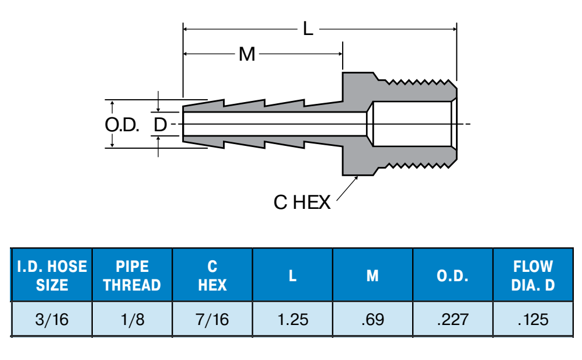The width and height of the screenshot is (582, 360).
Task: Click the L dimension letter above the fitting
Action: [308, 28]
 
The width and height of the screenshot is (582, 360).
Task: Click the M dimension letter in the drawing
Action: [247, 54]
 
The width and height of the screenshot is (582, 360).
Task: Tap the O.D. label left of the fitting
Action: [121, 124]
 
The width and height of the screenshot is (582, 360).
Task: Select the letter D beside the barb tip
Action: [161, 124]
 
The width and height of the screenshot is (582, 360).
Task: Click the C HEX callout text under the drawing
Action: [302, 202]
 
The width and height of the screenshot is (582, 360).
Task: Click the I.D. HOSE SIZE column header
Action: [52, 275]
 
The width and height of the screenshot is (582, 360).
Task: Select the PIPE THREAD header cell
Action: [133, 275]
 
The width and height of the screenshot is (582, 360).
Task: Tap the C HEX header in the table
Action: [212, 275]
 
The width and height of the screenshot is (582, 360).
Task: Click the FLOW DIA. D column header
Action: [532, 275]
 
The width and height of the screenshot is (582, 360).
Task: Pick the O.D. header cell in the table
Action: [452, 275]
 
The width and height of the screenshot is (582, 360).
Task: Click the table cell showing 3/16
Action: [52, 319]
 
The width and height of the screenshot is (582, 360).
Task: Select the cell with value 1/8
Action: [133, 319]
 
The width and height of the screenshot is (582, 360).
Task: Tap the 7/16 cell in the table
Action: [212, 319]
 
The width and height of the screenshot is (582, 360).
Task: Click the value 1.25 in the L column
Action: [292, 319]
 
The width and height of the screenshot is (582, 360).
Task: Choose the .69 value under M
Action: [372, 319]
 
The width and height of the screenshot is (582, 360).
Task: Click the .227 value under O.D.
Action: [452, 319]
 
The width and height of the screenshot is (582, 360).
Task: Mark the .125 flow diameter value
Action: [532, 319]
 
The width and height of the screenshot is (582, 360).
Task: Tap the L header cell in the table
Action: [292, 275]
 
